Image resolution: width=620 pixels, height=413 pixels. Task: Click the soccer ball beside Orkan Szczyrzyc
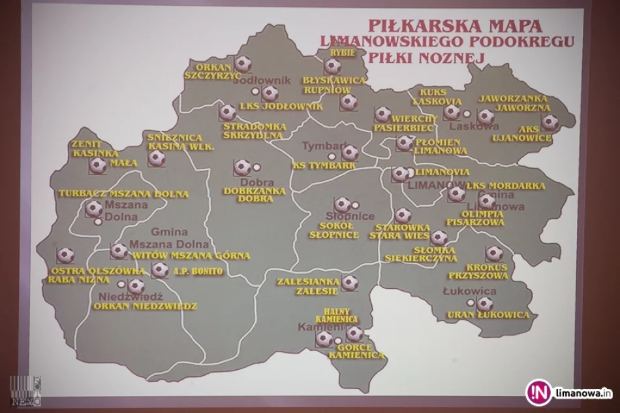243,63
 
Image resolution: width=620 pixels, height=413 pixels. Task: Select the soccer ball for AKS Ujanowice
550,122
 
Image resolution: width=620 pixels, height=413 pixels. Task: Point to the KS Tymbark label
324,166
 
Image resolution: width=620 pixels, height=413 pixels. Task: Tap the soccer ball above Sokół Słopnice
343,205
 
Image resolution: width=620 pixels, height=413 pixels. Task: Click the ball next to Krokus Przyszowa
494,254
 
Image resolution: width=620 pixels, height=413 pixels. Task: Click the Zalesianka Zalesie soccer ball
350,283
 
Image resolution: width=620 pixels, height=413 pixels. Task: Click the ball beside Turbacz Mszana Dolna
94,208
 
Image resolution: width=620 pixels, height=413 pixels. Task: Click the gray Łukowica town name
469,291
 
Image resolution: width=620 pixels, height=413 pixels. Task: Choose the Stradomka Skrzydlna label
253,130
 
